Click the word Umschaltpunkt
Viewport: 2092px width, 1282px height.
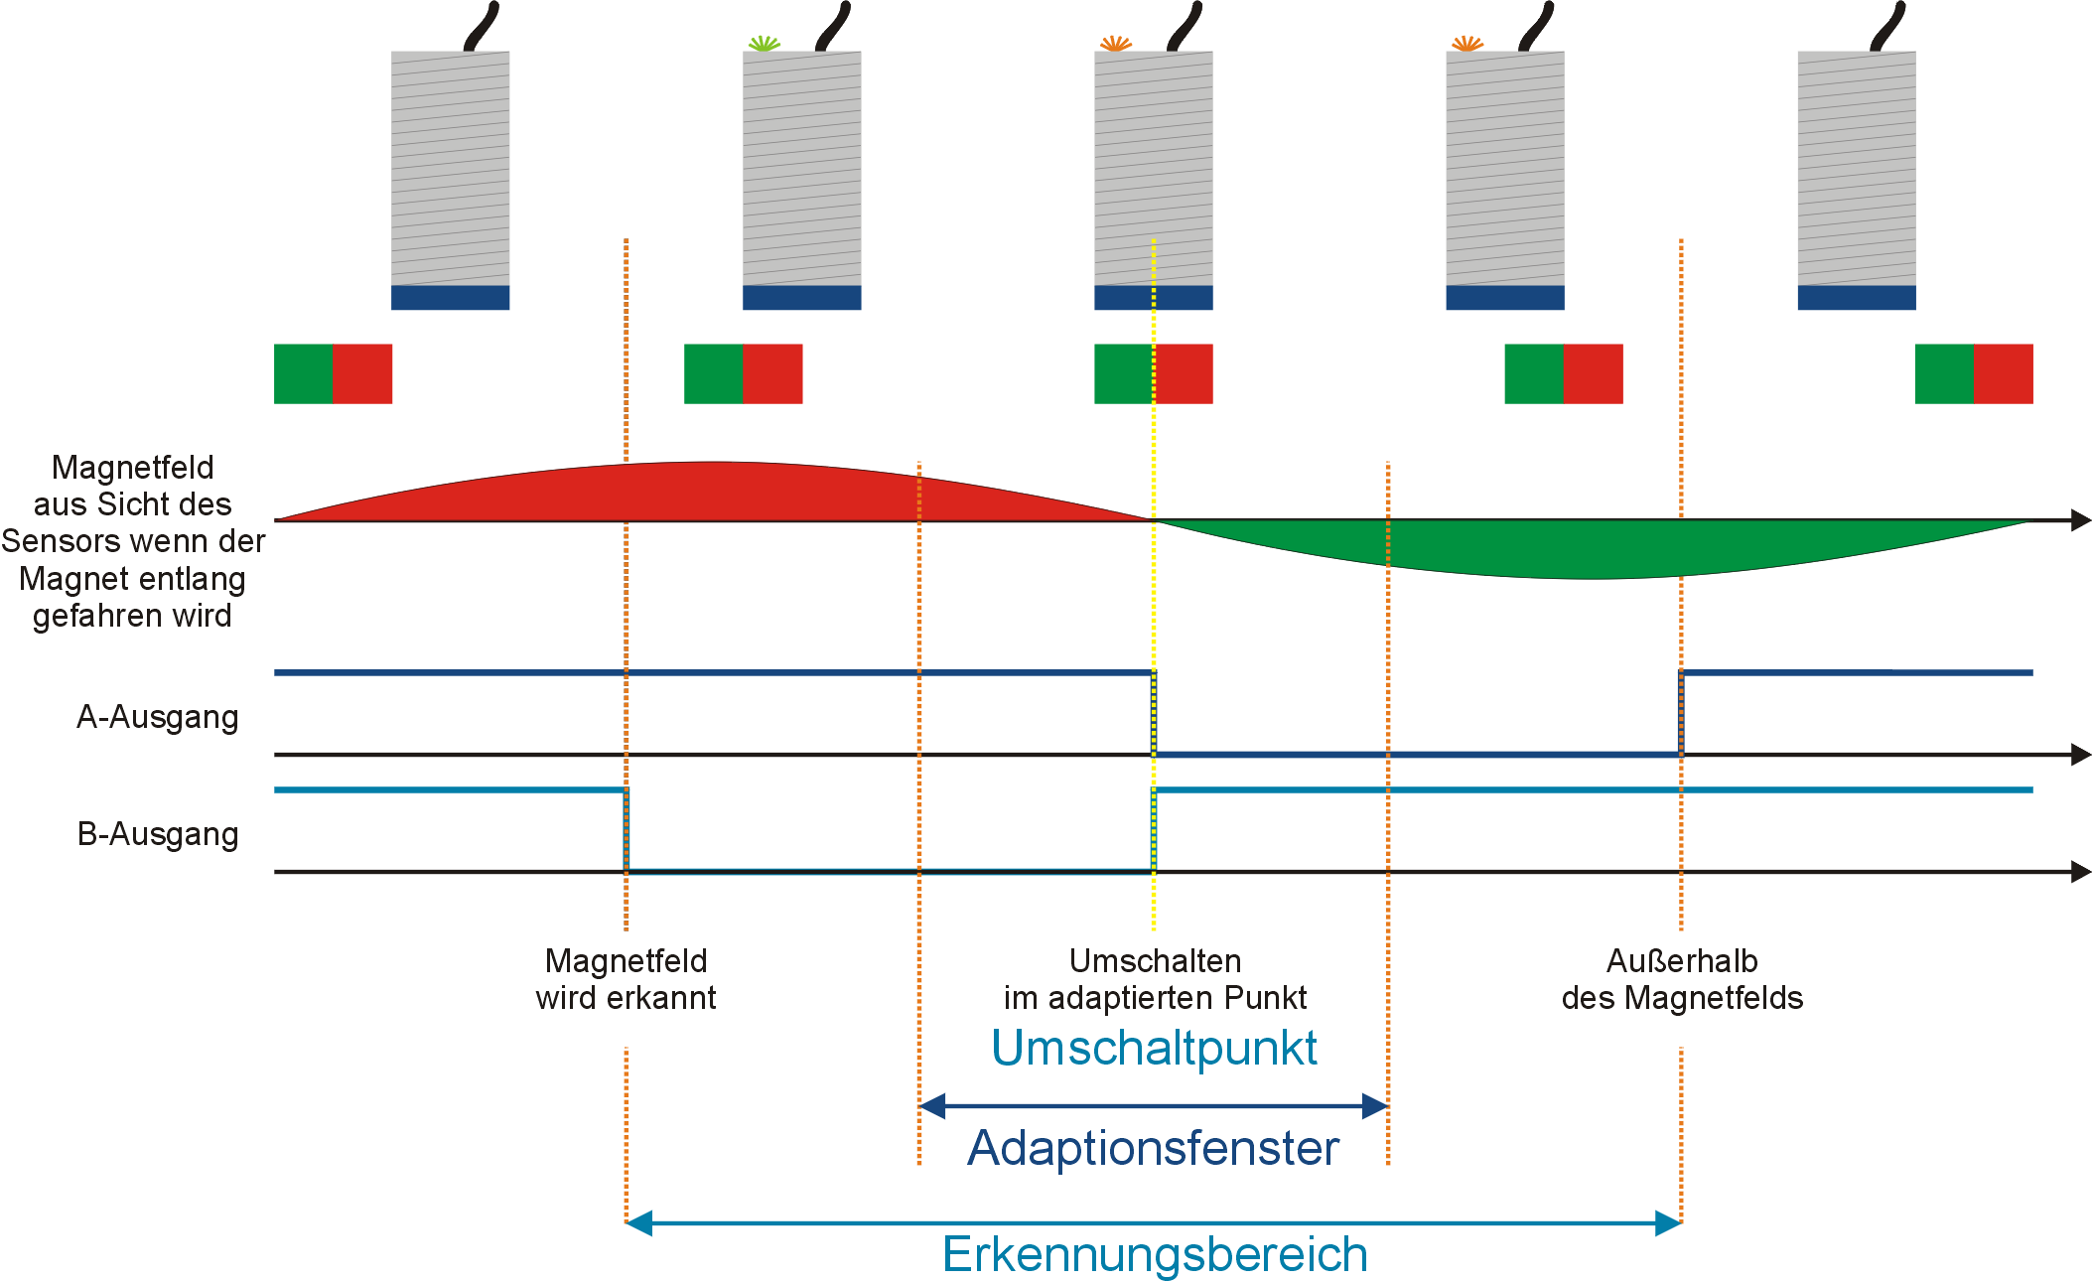[x=1154, y=1049]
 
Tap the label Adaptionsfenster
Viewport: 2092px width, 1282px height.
[x=1153, y=1149]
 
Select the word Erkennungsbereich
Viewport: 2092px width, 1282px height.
[x=1155, y=1255]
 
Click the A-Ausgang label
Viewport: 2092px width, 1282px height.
[x=158, y=717]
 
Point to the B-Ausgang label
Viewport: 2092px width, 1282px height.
[x=158, y=834]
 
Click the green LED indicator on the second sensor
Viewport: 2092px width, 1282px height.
[x=764, y=43]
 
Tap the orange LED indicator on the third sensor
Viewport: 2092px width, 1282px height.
[x=1115, y=43]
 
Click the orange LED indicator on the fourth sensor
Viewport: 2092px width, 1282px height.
[x=1466, y=43]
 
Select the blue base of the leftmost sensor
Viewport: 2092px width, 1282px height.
[x=450, y=298]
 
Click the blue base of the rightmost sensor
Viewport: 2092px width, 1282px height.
[x=1857, y=298]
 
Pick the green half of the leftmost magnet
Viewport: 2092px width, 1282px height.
[x=303, y=373]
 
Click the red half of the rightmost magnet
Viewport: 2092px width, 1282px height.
[x=2004, y=373]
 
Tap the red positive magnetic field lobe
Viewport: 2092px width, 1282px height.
[x=714, y=493]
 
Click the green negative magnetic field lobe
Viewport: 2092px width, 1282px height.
[x=1593, y=549]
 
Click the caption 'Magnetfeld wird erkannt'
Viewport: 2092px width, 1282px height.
[x=626, y=979]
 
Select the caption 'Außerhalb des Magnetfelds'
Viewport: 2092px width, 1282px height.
[x=1682, y=979]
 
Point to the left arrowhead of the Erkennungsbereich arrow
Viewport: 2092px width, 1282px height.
[x=638, y=1223]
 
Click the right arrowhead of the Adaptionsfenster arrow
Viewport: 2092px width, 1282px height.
[x=1375, y=1106]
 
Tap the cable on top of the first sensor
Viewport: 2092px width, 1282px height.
[x=481, y=27]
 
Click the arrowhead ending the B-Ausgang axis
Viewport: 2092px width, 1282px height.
[x=2081, y=872]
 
